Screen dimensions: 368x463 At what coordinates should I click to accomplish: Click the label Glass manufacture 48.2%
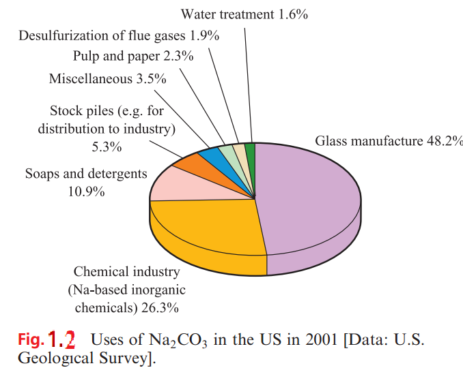[x=389, y=142]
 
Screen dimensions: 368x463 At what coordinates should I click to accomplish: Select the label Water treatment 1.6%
[x=244, y=14]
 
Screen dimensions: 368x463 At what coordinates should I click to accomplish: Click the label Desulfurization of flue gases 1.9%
[x=119, y=36]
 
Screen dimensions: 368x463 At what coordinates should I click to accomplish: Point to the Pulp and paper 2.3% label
[x=133, y=57]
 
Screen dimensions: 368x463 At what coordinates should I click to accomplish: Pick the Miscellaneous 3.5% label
[x=107, y=79]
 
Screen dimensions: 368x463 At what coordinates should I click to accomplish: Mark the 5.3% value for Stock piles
[x=106, y=147]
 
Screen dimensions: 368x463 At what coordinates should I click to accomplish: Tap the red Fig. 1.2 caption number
[x=61, y=339]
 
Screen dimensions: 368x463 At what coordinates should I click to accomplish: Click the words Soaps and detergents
[x=86, y=173]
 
